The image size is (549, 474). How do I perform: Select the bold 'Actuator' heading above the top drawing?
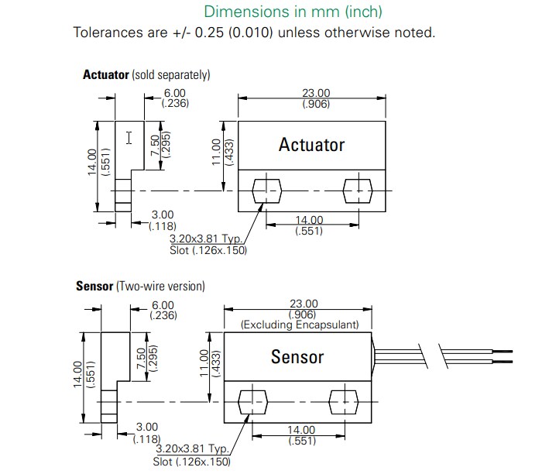[x=106, y=75]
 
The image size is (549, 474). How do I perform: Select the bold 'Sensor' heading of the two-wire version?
[x=94, y=286]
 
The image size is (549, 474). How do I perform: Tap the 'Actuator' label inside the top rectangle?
[x=311, y=145]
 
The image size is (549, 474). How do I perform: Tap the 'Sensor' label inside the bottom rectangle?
[x=297, y=357]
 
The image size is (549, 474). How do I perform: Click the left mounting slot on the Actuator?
[x=267, y=191]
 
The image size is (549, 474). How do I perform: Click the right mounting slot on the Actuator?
[x=357, y=191]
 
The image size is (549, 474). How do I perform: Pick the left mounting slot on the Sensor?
[x=253, y=402]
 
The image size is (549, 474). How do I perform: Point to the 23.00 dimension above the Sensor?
[x=303, y=304]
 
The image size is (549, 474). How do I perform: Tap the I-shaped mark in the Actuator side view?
[x=129, y=138]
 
